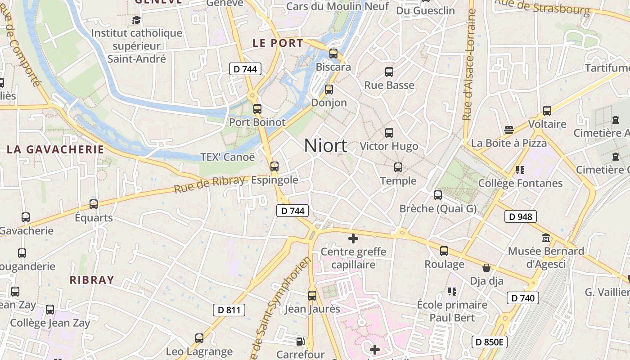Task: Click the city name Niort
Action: coord(325,145)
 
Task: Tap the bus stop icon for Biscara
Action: coord(333,53)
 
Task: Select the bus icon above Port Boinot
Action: coord(257,108)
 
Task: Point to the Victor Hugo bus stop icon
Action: coord(389,133)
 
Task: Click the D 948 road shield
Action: coord(521,217)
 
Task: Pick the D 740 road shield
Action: coord(523,298)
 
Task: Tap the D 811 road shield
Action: coord(229,310)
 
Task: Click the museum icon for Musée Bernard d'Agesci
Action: coord(546,237)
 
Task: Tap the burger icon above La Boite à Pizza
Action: coord(509,130)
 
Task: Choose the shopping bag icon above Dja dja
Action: coord(486,268)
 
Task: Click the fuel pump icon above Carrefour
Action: coord(300,342)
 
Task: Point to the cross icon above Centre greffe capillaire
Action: coord(353,238)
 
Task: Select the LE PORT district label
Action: coord(278,43)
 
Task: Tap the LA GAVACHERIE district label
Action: coord(55,149)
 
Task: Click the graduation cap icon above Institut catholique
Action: coord(136,20)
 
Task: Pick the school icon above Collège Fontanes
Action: coord(520,170)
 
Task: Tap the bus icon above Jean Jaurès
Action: coord(312,296)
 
